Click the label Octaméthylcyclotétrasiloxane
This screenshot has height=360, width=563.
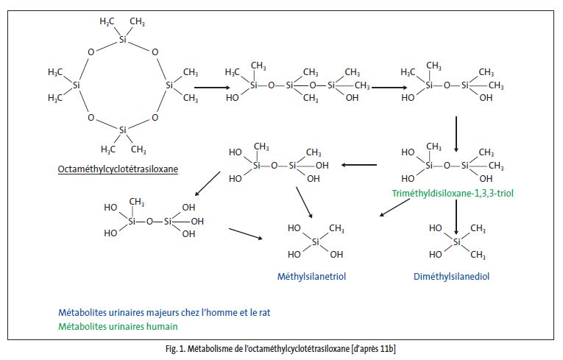118,169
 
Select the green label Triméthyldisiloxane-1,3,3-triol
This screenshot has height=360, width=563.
444,194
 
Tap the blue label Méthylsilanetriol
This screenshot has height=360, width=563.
311,277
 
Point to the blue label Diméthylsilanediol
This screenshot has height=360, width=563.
452,277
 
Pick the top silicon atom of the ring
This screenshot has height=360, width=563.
123,39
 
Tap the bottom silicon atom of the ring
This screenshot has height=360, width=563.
123,130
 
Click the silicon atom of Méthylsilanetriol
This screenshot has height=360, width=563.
316,241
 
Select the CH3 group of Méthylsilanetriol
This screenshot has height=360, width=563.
336,228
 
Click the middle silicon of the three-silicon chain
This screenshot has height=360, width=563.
289,86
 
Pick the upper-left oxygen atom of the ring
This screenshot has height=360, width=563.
91,53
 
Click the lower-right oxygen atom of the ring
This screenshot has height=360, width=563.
155,117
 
